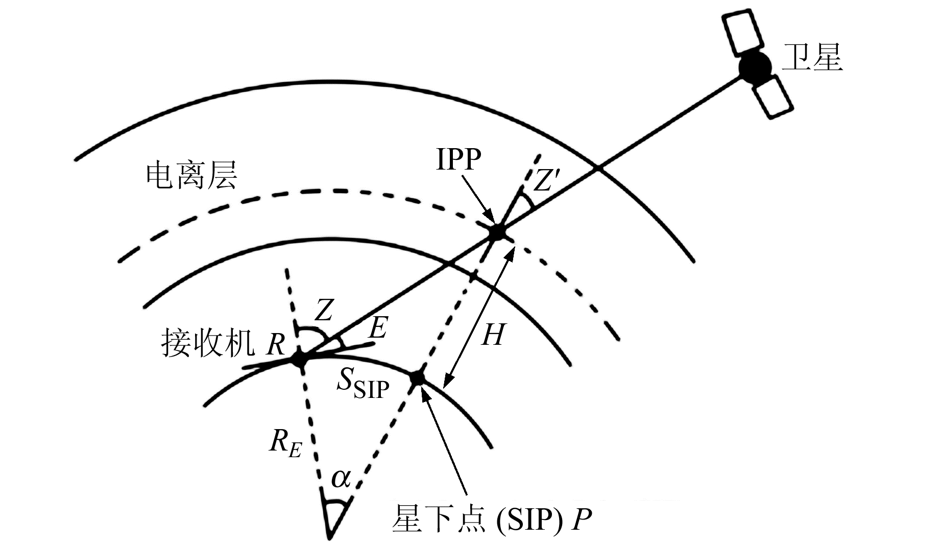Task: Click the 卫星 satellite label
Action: click(812, 57)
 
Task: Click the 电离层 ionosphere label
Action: click(191, 176)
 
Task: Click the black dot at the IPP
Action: click(496, 233)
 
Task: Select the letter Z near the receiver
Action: click(324, 310)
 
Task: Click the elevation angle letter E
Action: click(378, 328)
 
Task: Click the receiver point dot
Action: click(299, 359)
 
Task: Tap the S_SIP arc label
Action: click(363, 384)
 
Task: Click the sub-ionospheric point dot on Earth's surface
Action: click(418, 379)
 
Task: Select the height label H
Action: click(493, 335)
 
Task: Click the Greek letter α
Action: click(341, 479)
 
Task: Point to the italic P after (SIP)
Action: click(581, 520)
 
